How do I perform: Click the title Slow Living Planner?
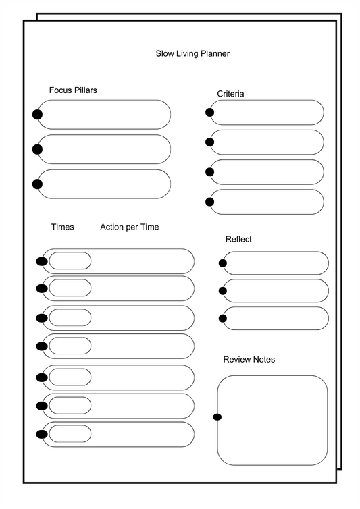tap(192, 53)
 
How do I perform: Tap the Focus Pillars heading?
tap(73, 90)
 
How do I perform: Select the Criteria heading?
tap(230, 94)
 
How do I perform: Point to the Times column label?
tap(63, 227)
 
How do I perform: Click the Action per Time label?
tap(130, 227)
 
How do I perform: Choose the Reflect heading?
tap(238, 240)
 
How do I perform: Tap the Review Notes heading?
tap(249, 360)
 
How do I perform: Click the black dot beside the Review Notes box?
tap(217, 417)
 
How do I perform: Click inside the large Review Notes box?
tap(273, 420)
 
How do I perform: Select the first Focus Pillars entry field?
tap(105, 115)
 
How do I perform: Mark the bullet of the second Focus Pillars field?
tap(37, 149)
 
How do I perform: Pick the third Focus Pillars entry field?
tap(105, 184)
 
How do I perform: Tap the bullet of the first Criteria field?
tap(210, 112)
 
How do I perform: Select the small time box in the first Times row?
tap(70, 261)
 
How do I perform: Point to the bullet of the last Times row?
tap(42, 434)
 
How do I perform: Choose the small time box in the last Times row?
tap(70, 433)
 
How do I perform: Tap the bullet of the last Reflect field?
tap(223, 318)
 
